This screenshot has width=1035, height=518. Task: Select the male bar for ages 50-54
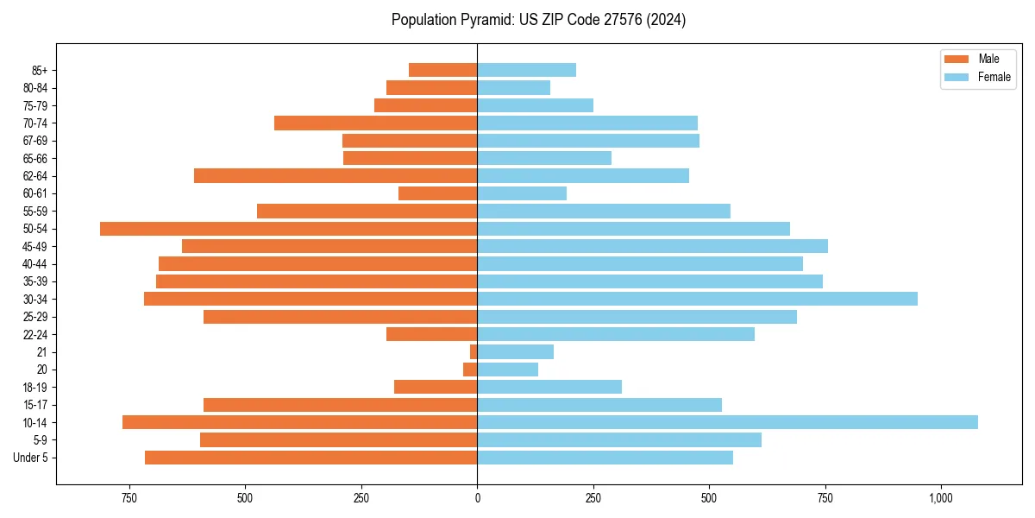point(289,229)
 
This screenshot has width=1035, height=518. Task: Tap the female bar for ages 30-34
point(697,299)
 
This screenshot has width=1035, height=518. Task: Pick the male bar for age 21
point(474,352)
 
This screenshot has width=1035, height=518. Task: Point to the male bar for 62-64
point(336,176)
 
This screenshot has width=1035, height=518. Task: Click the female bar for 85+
point(526,70)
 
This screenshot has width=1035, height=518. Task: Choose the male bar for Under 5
point(311,458)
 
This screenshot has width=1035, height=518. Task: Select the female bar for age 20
point(508,370)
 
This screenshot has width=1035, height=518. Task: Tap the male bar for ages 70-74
point(376,123)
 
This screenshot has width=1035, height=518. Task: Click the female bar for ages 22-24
point(616,334)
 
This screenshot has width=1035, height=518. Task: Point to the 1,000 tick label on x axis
point(940,498)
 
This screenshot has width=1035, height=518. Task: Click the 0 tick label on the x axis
point(477,498)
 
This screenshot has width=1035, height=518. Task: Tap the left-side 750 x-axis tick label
point(129,498)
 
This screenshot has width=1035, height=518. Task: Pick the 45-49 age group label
point(35,246)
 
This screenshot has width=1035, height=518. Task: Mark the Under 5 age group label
point(31,458)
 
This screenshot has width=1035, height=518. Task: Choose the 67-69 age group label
point(35,141)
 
